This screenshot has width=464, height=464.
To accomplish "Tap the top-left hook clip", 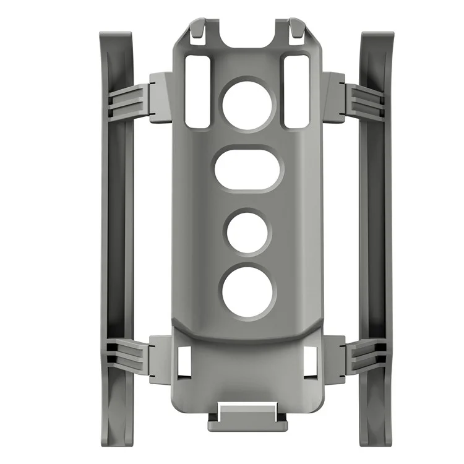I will [x=197, y=32].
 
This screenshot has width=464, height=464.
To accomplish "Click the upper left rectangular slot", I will [x=198, y=92].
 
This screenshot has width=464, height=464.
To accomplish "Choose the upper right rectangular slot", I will [x=296, y=92].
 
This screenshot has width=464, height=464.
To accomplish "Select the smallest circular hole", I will [x=248, y=232].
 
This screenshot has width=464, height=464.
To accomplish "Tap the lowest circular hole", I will [x=247, y=291].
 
